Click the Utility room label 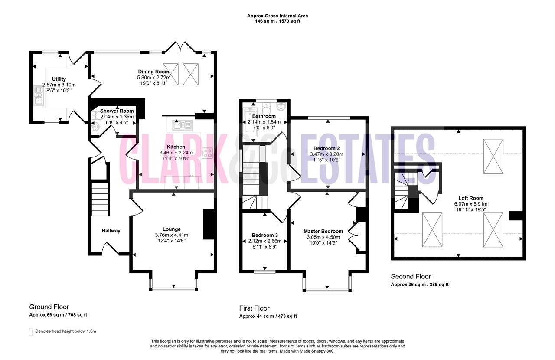[x=59, y=79]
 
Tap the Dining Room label [x=153, y=72]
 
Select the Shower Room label [x=117, y=111]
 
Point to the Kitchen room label [x=176, y=147]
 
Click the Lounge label [x=171, y=229]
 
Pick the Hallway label [x=111, y=231]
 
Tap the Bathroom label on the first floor [x=264, y=116]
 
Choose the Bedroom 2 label [x=326, y=148]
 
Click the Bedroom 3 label [x=264, y=235]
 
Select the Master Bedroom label [x=323, y=231]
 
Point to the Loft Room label [x=471, y=198]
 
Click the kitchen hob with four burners [x=207, y=153]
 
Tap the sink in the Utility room [x=39, y=96]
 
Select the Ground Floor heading [x=49, y=307]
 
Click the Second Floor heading [x=411, y=276]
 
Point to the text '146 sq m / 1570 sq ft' [x=277, y=21]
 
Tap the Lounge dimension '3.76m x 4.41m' [x=171, y=235]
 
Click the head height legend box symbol [x=31, y=332]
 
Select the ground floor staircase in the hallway [x=100, y=199]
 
